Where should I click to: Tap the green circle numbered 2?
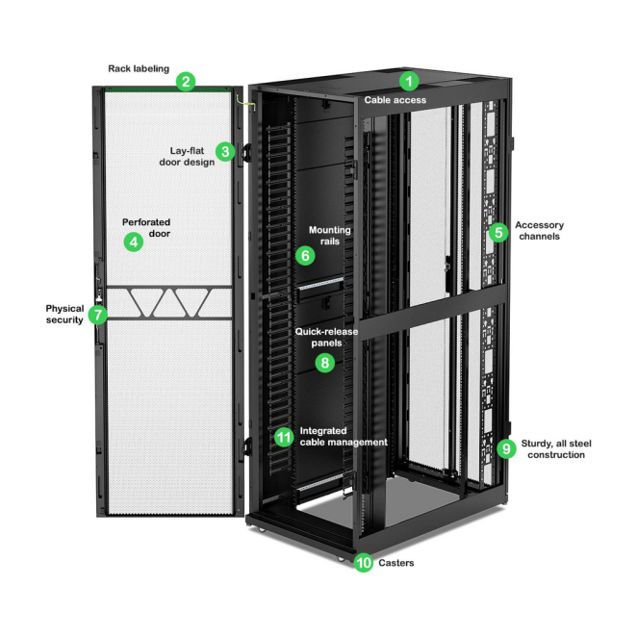tap(187, 82)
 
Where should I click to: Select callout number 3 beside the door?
tap(225, 150)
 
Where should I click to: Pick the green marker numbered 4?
tap(134, 242)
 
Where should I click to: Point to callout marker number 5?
tap(497, 232)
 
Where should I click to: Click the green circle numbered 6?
tap(304, 256)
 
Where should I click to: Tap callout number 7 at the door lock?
tap(97, 315)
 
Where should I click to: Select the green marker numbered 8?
tap(325, 363)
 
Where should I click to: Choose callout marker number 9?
tap(507, 447)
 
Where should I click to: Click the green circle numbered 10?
tap(363, 563)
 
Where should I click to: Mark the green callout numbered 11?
tap(283, 437)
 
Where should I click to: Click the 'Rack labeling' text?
tap(138, 68)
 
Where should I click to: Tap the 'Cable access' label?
tap(395, 99)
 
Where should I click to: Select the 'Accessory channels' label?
tap(539, 231)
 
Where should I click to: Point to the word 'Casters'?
tap(395, 563)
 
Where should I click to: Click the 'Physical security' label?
tap(64, 314)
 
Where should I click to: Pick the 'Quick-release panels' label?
tap(326, 337)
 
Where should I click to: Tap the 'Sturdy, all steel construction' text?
tap(556, 448)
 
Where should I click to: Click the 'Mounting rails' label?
tap(329, 236)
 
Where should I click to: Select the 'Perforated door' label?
tap(146, 228)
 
